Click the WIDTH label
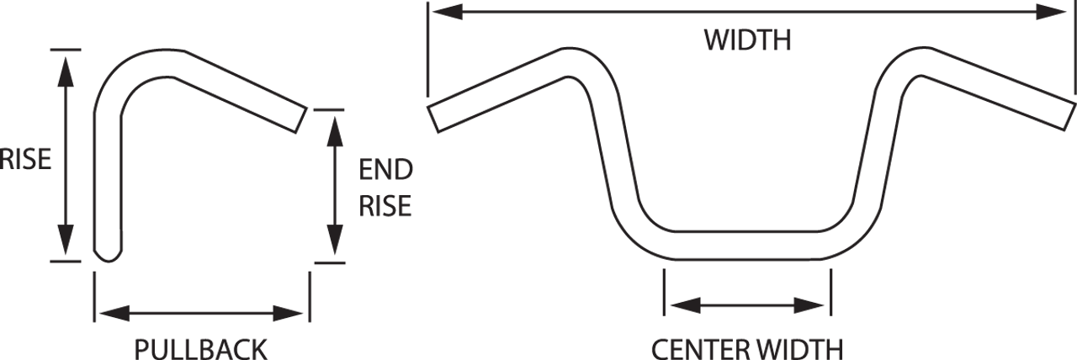click(x=747, y=40)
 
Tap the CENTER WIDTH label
click(x=747, y=347)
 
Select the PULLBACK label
click(x=201, y=347)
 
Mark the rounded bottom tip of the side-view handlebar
click(x=105, y=256)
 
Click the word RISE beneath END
click(x=387, y=206)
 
